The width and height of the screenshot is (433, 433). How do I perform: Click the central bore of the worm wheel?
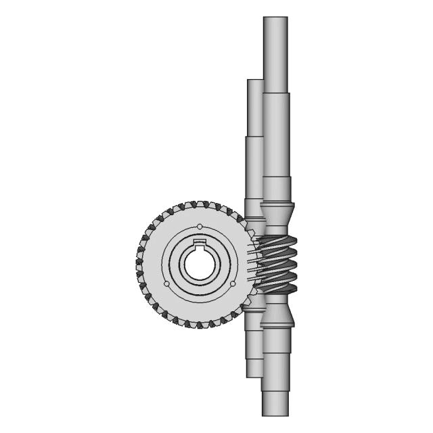[199, 264]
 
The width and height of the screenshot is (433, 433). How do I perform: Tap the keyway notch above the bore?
[199, 243]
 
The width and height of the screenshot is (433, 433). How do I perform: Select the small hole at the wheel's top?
[199, 227]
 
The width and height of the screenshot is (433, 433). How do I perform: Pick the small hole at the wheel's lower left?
[166, 282]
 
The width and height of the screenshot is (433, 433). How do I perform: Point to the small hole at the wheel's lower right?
[231, 282]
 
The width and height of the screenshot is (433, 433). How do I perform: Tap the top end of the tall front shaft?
[275, 19]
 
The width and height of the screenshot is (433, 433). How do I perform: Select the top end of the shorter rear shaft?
[254, 81]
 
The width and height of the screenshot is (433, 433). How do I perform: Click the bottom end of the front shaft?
[275, 413]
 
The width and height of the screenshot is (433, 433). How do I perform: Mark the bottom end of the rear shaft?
[254, 375]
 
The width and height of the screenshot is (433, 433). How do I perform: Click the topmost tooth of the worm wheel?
[199, 204]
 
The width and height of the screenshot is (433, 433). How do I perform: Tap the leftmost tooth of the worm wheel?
[138, 264]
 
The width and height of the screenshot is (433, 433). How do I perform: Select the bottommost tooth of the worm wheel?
[199, 325]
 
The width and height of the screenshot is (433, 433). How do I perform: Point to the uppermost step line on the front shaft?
[275, 93]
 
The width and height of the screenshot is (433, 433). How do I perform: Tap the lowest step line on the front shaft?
[275, 392]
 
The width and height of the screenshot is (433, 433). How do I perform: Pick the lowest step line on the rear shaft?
[254, 359]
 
